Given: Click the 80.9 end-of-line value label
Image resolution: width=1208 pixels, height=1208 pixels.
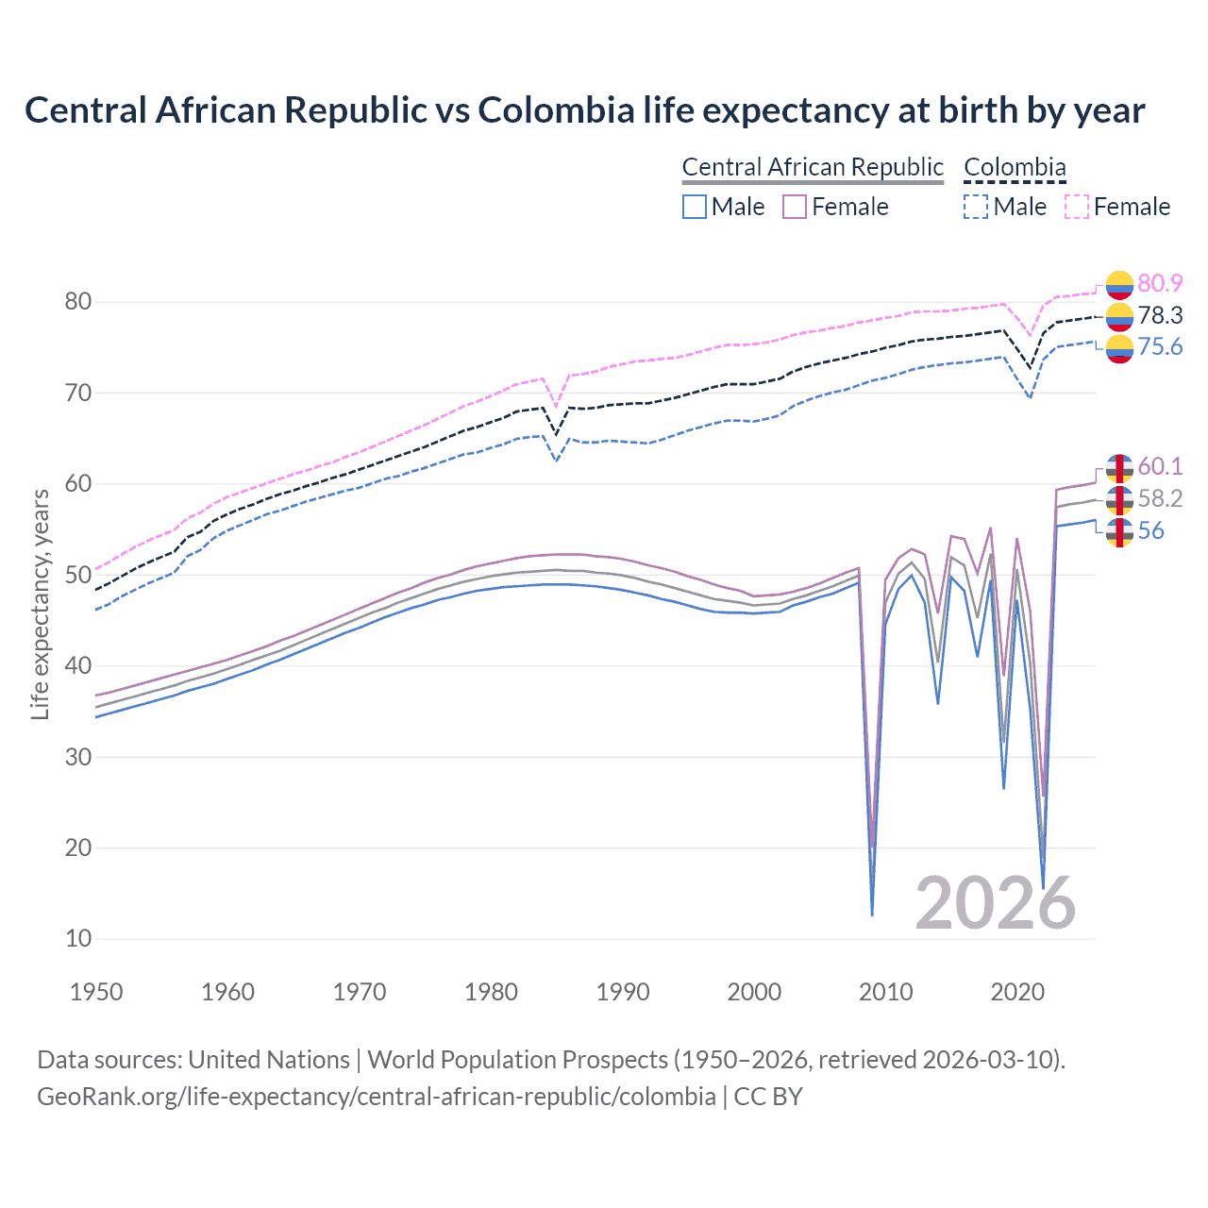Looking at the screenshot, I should [1160, 283].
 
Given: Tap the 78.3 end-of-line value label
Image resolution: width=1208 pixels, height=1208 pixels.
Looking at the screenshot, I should [1160, 315].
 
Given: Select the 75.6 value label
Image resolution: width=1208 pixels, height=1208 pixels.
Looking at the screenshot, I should [1160, 347].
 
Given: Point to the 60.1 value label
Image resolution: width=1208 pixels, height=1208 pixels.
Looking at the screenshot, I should [1160, 466].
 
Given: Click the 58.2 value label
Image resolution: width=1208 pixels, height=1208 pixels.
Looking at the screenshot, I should [1160, 498].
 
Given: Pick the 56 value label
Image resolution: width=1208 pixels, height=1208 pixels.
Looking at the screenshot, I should [1150, 530].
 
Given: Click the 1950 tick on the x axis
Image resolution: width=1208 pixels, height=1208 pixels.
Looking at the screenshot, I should [97, 992].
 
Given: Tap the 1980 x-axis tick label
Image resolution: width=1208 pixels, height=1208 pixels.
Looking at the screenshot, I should [492, 992].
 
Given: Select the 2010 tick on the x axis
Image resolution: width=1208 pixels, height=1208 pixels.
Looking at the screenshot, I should [886, 992].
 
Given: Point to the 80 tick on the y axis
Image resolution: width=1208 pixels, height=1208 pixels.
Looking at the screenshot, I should [78, 302].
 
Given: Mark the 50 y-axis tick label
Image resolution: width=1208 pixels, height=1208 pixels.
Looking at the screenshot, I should [78, 575].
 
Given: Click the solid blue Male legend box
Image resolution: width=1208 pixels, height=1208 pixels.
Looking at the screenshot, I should [695, 207].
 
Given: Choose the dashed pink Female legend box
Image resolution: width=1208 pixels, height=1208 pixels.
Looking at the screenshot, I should [1077, 207].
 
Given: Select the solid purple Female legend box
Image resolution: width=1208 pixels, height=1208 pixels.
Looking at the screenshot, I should [795, 207].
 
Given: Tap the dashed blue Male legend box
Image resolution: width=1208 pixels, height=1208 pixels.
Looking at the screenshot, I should [976, 207].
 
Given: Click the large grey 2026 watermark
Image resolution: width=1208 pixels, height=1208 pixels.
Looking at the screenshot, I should [996, 903].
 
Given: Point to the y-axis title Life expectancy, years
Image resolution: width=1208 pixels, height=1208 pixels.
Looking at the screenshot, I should [40, 604].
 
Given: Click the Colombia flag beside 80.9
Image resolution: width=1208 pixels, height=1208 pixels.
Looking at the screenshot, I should [1119, 284].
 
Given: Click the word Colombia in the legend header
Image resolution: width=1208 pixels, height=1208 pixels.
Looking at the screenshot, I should [1015, 167].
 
